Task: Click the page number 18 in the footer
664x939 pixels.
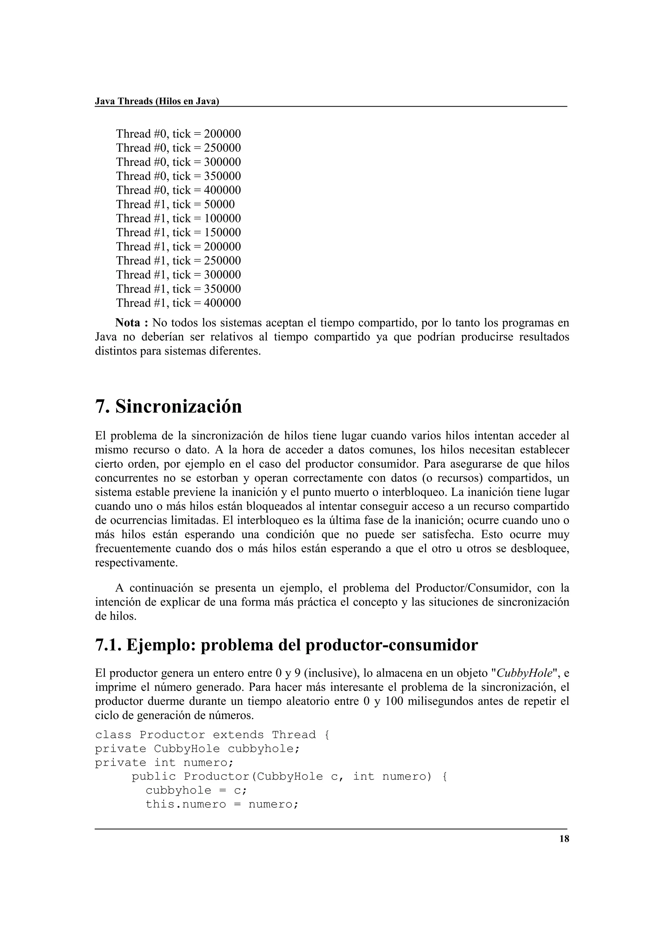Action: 564,839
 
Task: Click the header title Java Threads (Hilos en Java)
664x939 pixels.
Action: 157,101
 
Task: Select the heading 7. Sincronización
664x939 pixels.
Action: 168,407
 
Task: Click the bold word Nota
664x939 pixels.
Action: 128,323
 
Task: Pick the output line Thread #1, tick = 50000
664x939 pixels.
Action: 175,204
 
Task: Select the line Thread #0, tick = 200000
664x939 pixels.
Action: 178,134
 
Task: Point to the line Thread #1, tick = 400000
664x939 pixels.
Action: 178,303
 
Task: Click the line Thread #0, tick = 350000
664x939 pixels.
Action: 178,176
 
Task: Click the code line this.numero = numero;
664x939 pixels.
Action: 222,805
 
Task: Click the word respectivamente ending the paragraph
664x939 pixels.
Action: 136,563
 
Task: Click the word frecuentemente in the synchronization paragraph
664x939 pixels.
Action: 133,549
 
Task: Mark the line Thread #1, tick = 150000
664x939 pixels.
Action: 178,232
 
